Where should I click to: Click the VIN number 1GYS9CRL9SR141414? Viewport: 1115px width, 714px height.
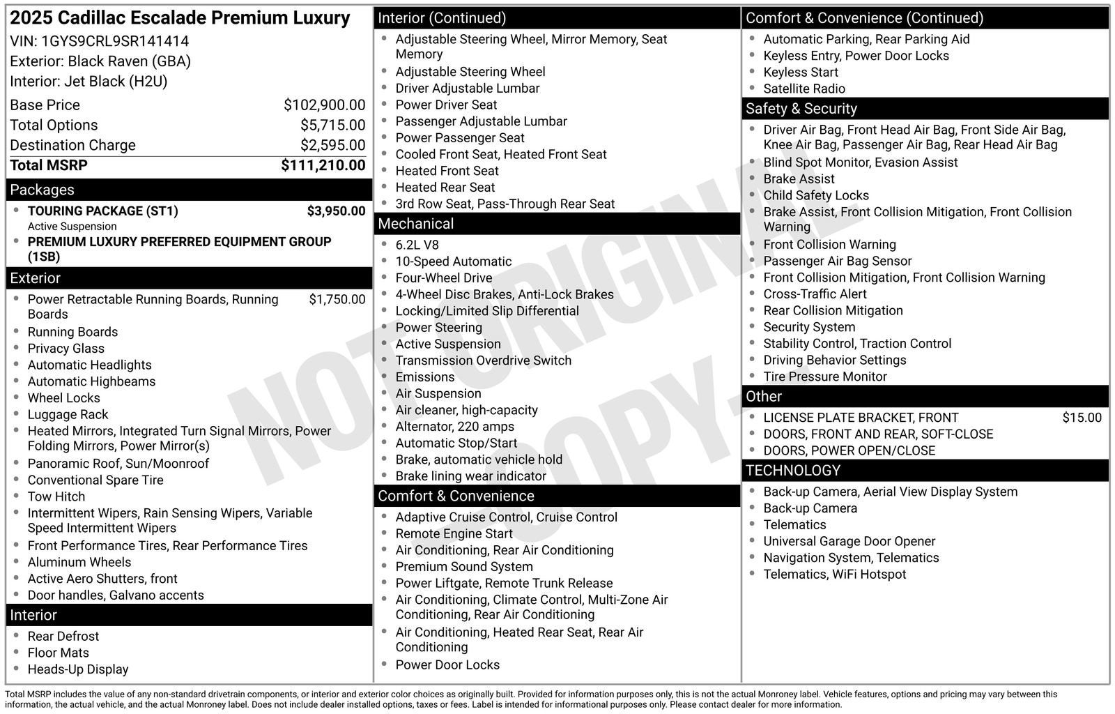[115, 41]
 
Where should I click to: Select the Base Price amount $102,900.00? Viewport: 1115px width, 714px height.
[324, 105]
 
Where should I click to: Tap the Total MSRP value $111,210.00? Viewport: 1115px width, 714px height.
[323, 165]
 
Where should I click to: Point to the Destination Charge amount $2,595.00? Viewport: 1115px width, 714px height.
[332, 145]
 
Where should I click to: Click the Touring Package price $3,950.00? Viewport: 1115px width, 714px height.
[336, 211]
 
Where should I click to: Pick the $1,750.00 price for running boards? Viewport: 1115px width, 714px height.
[337, 299]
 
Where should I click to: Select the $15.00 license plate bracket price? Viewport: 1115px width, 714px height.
[1082, 418]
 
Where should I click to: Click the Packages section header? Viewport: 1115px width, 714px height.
[42, 190]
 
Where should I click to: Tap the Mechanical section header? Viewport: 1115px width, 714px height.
[415, 224]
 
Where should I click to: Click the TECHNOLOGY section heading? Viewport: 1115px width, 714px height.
[793, 471]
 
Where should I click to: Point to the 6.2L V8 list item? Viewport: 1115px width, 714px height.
[417, 245]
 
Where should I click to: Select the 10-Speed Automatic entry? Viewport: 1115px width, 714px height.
[453, 261]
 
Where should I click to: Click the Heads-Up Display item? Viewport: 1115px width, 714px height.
[78, 669]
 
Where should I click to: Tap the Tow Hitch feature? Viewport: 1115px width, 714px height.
[56, 496]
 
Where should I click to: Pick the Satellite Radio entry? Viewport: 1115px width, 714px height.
[803, 89]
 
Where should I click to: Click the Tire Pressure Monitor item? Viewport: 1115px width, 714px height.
[824, 377]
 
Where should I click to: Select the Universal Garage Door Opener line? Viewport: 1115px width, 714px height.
[849, 541]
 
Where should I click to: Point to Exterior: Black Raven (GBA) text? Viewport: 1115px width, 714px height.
[100, 61]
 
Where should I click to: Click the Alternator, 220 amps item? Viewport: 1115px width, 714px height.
[454, 427]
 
